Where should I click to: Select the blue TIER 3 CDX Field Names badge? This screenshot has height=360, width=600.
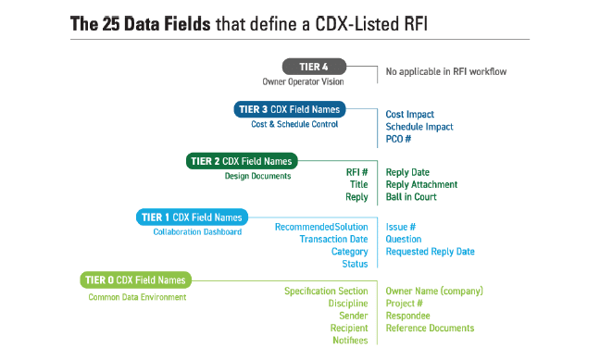(289, 109)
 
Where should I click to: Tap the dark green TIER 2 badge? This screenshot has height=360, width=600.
(241, 160)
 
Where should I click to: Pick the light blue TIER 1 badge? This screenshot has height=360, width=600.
(192, 217)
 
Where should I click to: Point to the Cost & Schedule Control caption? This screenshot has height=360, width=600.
(294, 124)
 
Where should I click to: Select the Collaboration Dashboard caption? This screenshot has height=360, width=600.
(197, 232)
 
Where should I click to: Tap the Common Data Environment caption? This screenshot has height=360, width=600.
(136, 297)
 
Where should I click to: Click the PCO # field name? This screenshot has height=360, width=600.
(398, 139)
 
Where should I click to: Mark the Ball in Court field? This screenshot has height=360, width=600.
(412, 197)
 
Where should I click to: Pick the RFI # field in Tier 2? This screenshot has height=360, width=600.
(356, 171)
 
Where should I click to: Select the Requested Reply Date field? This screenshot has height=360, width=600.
(430, 252)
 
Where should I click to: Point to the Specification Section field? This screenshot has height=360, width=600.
(326, 291)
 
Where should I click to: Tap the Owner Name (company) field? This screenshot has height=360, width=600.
(434, 291)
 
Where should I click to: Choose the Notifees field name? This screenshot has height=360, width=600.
(350, 341)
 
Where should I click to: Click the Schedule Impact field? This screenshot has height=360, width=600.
(419, 127)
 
